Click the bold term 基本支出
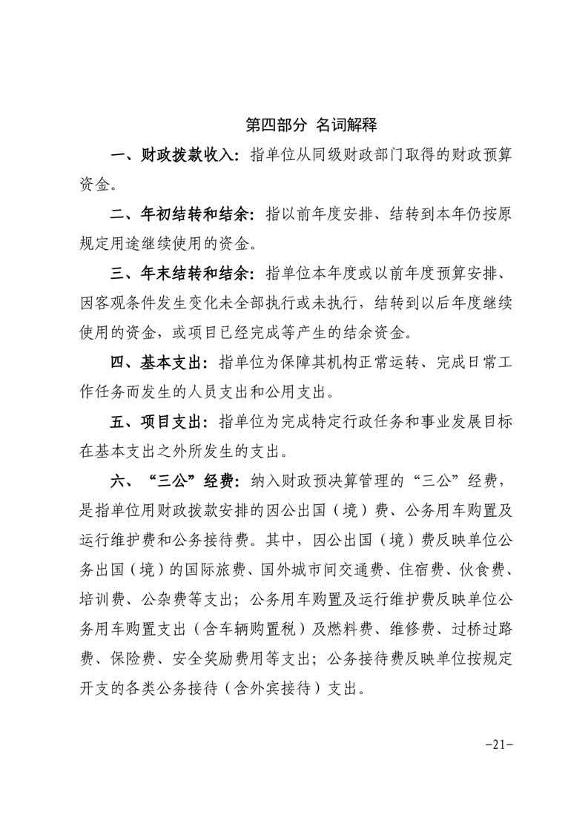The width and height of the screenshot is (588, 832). (171, 363)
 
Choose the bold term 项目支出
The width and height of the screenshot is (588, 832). (171, 422)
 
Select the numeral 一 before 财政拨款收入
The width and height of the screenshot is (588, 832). (118, 155)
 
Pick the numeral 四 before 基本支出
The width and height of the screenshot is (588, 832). (118, 363)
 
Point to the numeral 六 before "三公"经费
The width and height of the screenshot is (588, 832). (118, 481)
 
